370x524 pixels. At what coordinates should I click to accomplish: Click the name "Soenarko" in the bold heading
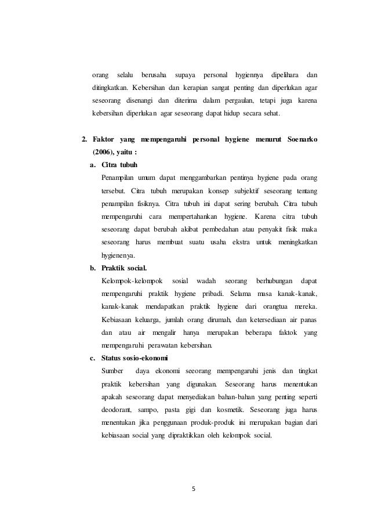coord(302,140)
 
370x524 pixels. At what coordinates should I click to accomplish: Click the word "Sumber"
coord(112,371)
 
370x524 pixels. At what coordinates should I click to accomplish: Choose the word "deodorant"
coord(116,409)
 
